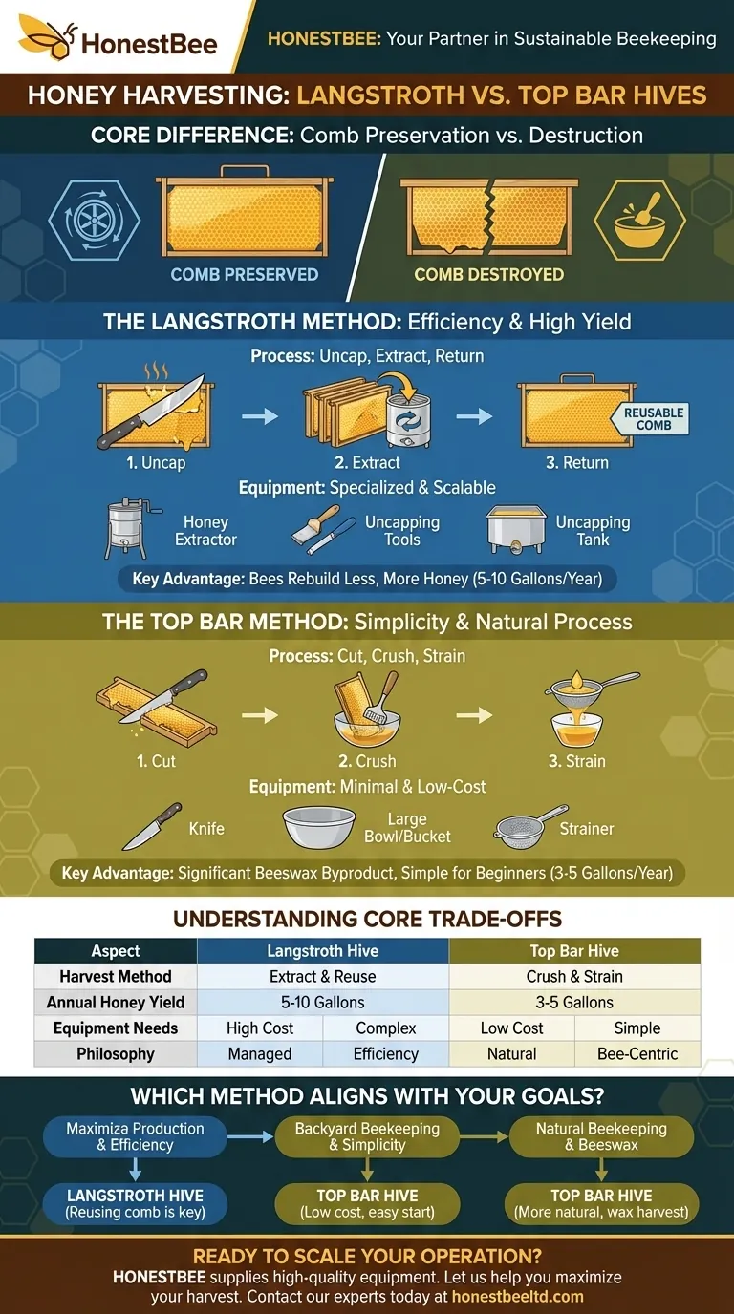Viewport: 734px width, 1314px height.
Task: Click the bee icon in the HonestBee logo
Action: pos(47,36)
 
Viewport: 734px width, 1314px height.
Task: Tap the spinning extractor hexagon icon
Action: pos(94,220)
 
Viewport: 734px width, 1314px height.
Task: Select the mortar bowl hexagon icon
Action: pos(638,220)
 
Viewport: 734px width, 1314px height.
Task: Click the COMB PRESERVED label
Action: pos(245,274)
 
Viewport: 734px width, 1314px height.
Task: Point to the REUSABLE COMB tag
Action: pos(651,419)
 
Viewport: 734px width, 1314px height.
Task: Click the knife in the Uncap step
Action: pos(150,412)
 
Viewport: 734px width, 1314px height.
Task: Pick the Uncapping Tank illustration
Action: pos(516,530)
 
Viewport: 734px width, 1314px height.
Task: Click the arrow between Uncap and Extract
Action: pos(260,416)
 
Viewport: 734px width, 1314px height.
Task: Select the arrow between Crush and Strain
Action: pos(474,715)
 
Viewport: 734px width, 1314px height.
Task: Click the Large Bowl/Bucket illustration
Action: pos(319,827)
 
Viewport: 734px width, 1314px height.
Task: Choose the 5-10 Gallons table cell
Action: pos(323,1002)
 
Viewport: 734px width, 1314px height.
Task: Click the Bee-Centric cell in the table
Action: pos(637,1053)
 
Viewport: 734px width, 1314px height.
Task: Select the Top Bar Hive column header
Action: pos(574,951)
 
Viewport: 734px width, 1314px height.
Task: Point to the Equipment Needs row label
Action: pos(116,1028)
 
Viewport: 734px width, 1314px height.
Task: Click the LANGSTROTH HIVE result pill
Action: pos(135,1204)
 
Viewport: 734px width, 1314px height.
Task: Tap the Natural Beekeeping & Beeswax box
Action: pos(601,1136)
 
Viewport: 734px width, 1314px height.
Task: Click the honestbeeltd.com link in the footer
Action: pos(517,1296)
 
